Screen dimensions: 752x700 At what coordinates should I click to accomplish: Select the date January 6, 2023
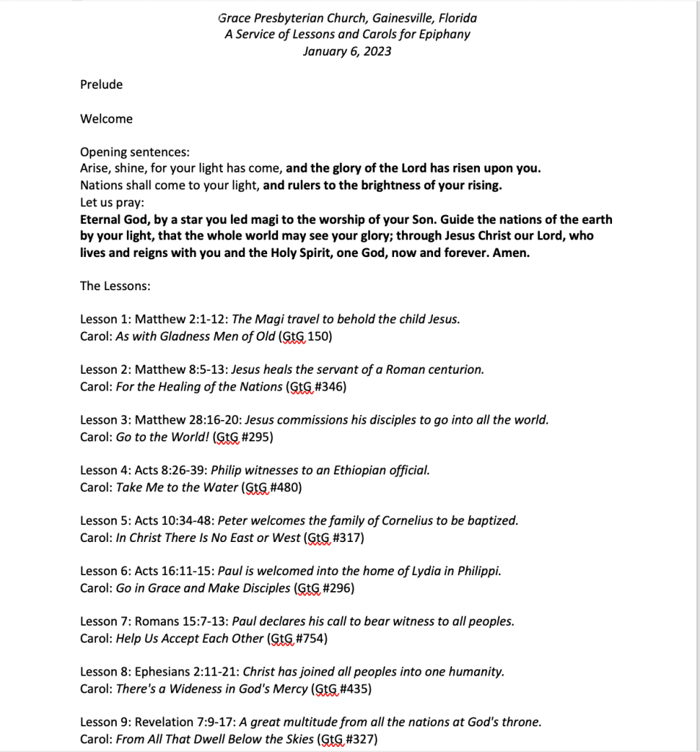[347, 51]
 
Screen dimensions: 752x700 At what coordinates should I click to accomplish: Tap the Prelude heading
[101, 84]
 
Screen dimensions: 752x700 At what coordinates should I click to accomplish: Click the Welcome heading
[106, 119]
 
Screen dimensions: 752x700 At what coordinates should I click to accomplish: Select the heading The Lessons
[114, 286]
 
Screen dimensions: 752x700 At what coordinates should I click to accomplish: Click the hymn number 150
[324, 336]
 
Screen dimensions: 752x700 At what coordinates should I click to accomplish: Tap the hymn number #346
[330, 386]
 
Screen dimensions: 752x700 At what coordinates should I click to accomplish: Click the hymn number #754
[311, 638]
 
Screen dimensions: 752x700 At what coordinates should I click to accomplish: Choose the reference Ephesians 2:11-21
[187, 672]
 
